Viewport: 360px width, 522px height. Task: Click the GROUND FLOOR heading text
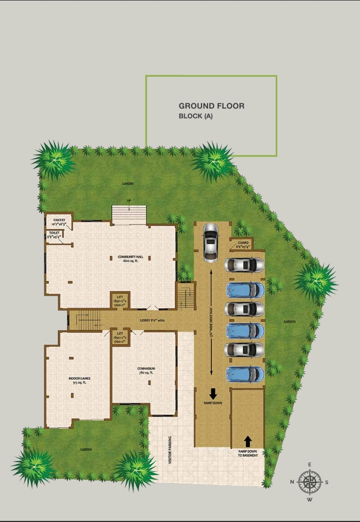click(211, 106)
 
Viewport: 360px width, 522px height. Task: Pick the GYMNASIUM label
click(146, 370)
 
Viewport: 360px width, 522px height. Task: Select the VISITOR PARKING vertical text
click(170, 450)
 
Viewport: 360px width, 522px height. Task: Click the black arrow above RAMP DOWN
click(213, 393)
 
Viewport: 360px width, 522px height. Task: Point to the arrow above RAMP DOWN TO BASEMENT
click(248, 441)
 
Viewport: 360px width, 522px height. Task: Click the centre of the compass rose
click(310, 482)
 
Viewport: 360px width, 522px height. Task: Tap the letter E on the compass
click(310, 465)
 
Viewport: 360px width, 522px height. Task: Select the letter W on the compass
click(310, 500)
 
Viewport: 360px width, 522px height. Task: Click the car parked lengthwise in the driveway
click(210, 243)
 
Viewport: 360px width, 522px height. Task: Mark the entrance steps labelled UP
click(129, 214)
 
